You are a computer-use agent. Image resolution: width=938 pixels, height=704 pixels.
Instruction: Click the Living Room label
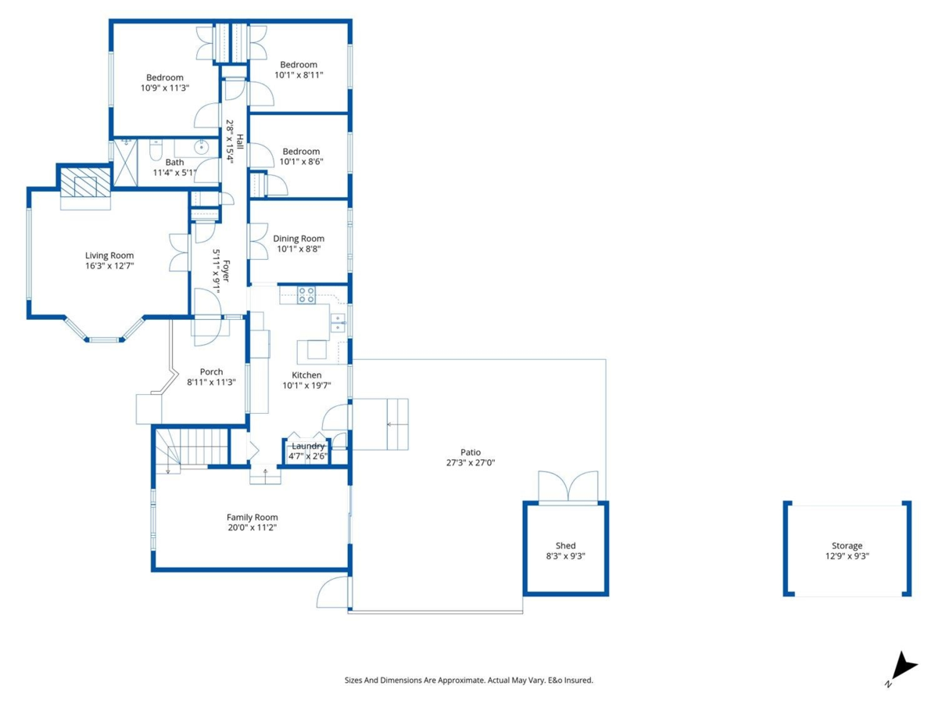click(x=109, y=255)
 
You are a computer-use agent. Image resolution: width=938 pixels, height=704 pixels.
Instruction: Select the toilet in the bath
click(x=155, y=149)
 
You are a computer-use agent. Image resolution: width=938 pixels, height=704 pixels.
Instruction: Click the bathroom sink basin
click(x=202, y=146)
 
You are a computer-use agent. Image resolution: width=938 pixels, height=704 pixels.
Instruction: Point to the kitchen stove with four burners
click(x=306, y=295)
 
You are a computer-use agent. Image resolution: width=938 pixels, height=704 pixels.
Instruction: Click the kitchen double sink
click(x=338, y=322)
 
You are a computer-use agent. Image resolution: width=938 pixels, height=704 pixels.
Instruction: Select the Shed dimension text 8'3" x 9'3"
click(x=565, y=556)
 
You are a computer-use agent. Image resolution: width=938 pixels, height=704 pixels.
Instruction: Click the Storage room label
click(x=847, y=546)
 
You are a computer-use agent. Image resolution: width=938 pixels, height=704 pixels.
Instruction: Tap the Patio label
click(x=470, y=452)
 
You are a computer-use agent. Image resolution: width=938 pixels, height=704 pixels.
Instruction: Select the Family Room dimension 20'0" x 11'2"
click(x=252, y=527)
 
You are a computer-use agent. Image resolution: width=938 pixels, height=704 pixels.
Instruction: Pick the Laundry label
click(x=307, y=446)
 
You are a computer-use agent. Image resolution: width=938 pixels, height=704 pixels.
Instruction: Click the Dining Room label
click(x=298, y=239)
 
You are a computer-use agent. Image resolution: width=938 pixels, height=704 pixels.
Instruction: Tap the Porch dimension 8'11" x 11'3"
click(x=211, y=383)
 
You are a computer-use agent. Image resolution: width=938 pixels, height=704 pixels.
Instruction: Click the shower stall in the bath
click(x=125, y=163)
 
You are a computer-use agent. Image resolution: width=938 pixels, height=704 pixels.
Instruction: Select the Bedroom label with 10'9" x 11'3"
click(x=164, y=77)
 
